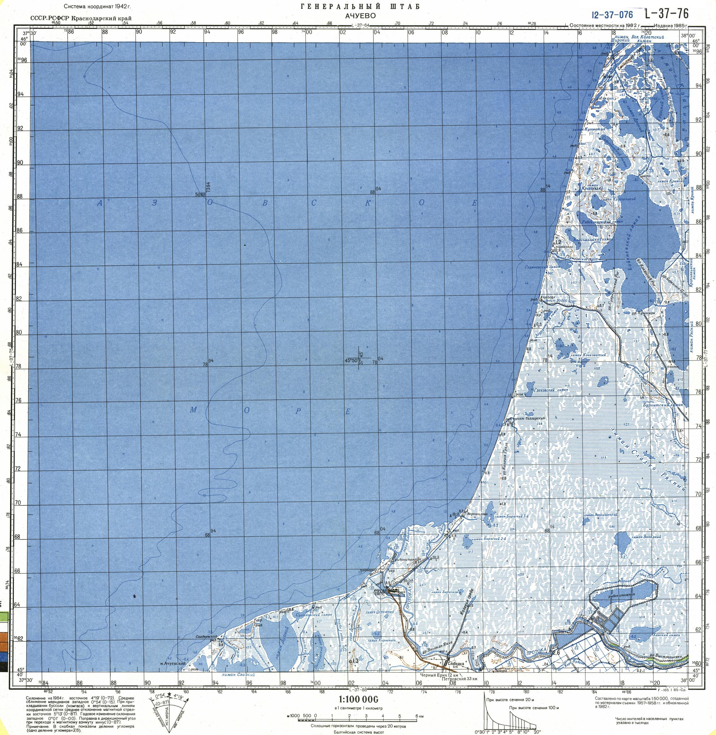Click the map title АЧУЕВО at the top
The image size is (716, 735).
coord(360,15)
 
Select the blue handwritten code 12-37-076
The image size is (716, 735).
coord(612,15)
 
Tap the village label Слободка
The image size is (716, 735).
coord(456,664)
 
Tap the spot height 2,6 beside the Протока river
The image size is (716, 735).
coord(556,652)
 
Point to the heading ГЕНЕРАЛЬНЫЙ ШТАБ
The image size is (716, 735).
coord(360,6)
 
